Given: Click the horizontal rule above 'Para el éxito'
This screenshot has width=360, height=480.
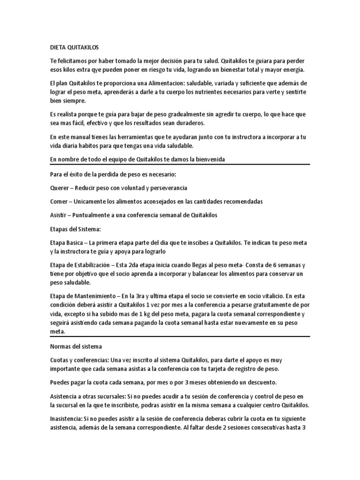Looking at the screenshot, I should pyautogui.click(x=180, y=165).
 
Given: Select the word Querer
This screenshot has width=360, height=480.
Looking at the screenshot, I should pyautogui.click(x=60, y=187).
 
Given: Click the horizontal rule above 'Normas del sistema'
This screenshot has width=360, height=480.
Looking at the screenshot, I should pyautogui.click(x=180, y=336).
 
